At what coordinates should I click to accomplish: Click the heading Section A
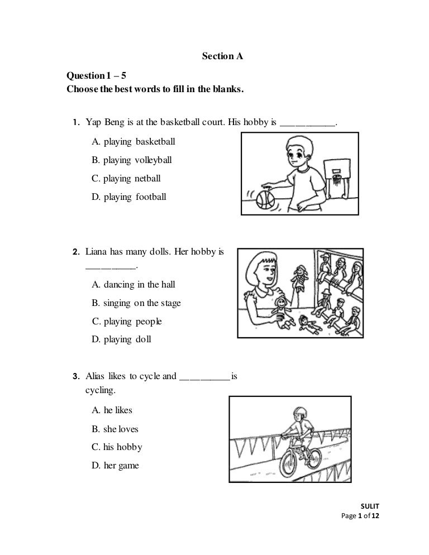(x=222, y=56)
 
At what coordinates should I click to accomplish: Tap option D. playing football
(x=128, y=197)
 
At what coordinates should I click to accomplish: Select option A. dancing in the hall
(x=134, y=284)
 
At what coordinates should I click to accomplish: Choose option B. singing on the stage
(x=136, y=303)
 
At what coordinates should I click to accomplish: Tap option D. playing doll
(x=121, y=339)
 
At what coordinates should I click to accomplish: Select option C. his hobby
(x=117, y=447)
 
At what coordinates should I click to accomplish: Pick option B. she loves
(x=115, y=429)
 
